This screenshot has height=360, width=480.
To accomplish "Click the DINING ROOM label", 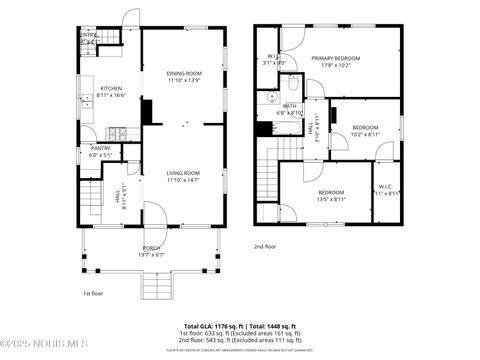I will [184, 73].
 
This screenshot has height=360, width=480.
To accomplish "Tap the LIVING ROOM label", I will [183, 173].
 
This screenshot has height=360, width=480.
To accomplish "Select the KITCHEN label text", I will [111, 88].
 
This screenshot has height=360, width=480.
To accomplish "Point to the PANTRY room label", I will [101, 148].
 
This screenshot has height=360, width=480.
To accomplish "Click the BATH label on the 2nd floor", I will [290, 105].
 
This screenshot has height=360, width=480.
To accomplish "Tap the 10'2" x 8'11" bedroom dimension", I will [365, 134].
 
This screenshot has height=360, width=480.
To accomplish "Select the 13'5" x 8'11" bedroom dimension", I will [331, 199].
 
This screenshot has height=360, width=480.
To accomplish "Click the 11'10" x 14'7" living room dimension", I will [183, 180].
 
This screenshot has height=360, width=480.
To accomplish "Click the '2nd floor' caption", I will [264, 245].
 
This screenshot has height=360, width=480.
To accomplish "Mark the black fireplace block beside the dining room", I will [147, 110].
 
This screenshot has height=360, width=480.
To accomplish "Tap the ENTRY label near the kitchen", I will [88, 35].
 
